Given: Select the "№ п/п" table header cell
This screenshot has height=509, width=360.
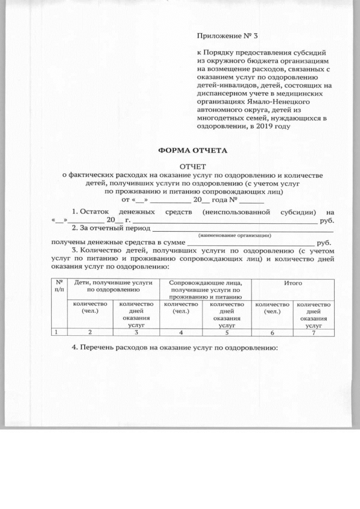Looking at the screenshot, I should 58,287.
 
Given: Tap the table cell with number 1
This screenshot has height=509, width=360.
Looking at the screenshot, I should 57,332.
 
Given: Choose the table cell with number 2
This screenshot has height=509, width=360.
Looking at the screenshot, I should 89,332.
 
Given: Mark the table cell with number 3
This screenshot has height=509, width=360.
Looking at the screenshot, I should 136,332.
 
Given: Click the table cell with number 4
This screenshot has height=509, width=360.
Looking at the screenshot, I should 180,332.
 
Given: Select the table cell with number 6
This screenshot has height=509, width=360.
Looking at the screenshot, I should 272,332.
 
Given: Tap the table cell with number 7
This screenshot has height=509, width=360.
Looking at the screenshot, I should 314,332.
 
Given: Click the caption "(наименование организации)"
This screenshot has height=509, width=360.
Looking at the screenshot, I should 235,235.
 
